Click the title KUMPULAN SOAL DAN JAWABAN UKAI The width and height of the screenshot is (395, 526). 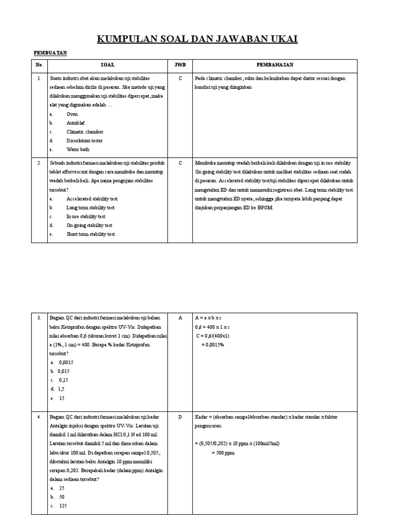pos(197,40)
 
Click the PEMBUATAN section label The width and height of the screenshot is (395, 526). pos(50,53)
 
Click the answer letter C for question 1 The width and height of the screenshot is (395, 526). pos(180,79)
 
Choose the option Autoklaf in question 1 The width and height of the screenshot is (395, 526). pos(75,123)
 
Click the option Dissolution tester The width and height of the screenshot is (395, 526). pos(84,141)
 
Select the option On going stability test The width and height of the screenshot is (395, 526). pos(89,225)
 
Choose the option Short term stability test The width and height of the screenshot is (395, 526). pos(91,234)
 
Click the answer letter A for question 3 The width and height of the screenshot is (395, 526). pos(180,318)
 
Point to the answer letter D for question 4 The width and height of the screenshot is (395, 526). pos(180,417)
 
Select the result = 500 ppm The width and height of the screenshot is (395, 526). pos(223,453)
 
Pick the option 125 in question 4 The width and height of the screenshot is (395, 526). pos(63,506)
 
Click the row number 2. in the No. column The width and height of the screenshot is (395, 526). pos(39,163)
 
